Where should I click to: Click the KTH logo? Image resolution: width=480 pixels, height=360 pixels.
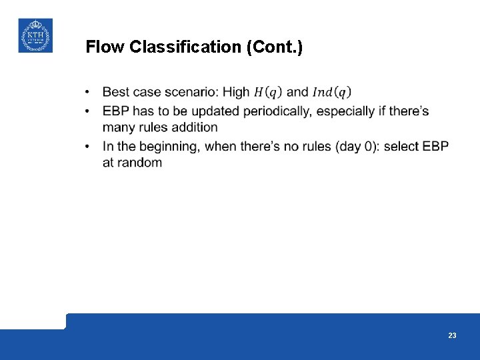pos(35,35)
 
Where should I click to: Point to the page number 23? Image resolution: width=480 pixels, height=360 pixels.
pos(452,335)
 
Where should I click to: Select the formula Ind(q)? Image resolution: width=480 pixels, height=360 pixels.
pos(331,92)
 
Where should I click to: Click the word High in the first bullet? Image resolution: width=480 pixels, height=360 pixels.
pos(236,92)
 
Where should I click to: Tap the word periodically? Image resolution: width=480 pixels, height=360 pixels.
pos(277,111)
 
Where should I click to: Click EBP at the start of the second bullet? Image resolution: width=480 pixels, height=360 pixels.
pos(116,111)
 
